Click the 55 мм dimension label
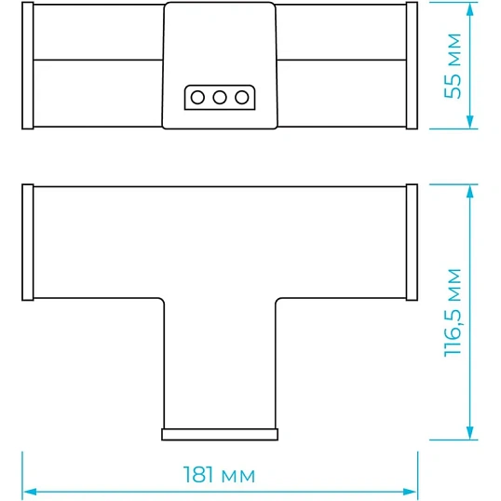click(x=454, y=66)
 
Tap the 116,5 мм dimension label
click(x=454, y=313)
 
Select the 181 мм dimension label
click(x=219, y=475)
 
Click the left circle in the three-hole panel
click(x=197, y=97)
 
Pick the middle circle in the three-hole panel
click(x=220, y=97)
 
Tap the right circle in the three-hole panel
click(x=241, y=97)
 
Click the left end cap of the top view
click(x=28, y=65)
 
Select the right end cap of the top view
click(x=412, y=65)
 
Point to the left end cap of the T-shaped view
click(x=28, y=242)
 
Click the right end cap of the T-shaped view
click(x=412, y=242)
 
